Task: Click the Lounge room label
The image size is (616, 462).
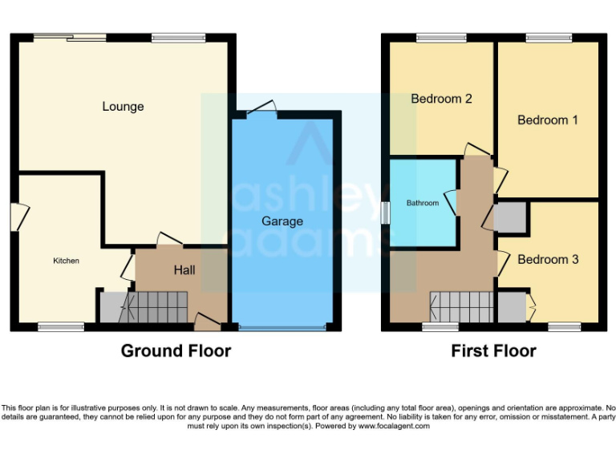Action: click(x=123, y=107)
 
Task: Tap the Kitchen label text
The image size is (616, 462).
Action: click(x=67, y=261)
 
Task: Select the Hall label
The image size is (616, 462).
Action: click(x=185, y=270)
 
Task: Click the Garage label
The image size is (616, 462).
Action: click(x=282, y=221)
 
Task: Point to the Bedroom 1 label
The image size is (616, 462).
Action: click(x=548, y=120)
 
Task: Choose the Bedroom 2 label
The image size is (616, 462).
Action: click(x=441, y=99)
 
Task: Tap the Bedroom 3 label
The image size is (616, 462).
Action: click(x=548, y=260)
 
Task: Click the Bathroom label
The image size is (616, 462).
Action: click(x=423, y=204)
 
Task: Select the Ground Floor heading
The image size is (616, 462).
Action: click(x=176, y=351)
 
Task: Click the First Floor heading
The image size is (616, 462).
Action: click(x=493, y=351)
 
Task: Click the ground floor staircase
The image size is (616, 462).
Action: click(x=156, y=306)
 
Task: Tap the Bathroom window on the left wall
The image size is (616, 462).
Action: click(x=386, y=213)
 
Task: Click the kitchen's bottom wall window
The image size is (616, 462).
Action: click(x=61, y=326)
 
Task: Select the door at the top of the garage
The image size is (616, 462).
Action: click(x=261, y=110)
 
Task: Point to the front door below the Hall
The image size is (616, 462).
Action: click(x=207, y=323)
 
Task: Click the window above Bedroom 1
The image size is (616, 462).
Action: click(x=549, y=38)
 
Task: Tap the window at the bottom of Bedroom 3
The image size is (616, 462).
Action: click(x=565, y=326)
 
